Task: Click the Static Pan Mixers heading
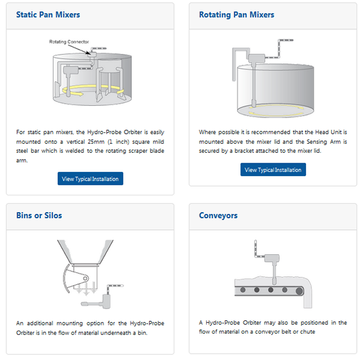[48, 15]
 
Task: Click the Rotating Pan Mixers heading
[237, 15]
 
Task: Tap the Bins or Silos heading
[39, 215]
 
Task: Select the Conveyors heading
[218, 215]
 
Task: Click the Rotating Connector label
[69, 42]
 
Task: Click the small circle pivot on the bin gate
[85, 278]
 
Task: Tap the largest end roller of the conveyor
[299, 291]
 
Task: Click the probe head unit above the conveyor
[272, 258]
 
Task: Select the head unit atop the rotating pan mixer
[257, 58]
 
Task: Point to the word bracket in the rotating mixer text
[244, 151]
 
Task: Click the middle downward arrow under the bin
[86, 289]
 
